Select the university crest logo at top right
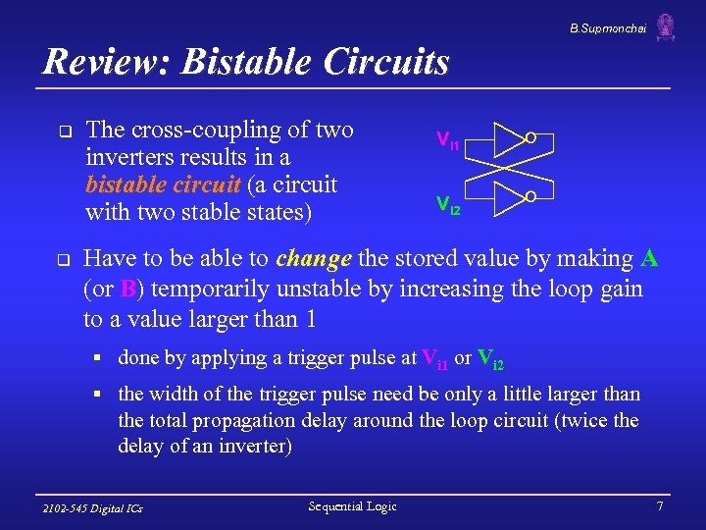(666, 26)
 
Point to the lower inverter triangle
(507, 197)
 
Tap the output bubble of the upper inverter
(529, 138)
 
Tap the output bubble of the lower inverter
(529, 197)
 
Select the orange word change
(314, 259)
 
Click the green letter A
(649, 259)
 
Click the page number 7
(660, 505)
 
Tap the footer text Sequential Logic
(352, 505)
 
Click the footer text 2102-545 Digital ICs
(93, 508)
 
